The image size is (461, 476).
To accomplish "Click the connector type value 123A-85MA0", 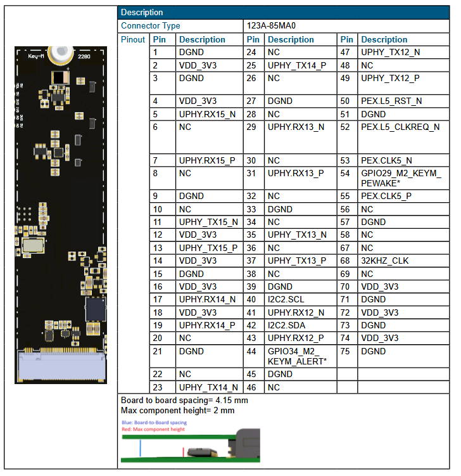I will coord(272,26).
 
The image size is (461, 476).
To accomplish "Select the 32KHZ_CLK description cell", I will coord(384,261).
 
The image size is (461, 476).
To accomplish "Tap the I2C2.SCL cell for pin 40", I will coord(287,299).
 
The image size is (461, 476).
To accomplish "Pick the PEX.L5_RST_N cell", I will coord(391,101).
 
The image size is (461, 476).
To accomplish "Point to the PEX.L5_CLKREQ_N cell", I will coord(400,127).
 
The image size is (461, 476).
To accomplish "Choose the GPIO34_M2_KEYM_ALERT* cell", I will coord(296,356).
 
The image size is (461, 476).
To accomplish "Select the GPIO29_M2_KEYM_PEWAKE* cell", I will coord(400,177).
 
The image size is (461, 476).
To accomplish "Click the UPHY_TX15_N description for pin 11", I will coord(208,222).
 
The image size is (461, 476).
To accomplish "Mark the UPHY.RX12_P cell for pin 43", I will coord(296,338).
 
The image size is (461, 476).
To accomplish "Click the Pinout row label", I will coord(133,39).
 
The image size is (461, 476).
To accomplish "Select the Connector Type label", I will coord(150,26).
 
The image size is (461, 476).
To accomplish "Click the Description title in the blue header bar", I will coord(142,12).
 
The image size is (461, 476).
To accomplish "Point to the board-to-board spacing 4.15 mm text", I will coord(184,401).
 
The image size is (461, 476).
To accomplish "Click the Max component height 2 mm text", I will coord(178,410).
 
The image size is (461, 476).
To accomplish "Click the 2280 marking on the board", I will coord(84,56).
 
